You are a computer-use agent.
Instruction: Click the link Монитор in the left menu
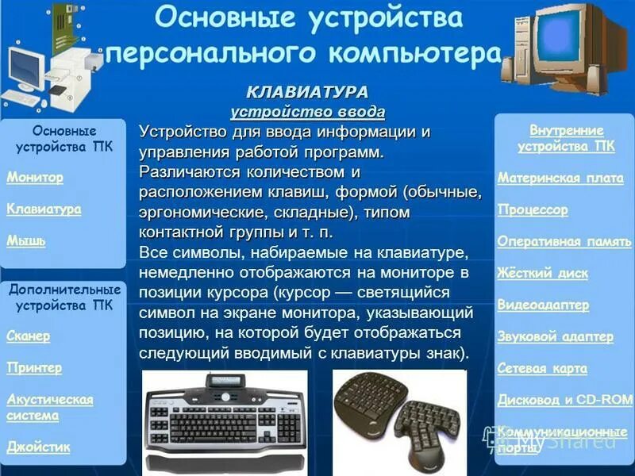coord(35,178)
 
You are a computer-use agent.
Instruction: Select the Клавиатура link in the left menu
coord(44,209)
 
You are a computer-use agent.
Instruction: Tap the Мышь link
coord(25,240)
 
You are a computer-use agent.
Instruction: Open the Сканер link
coord(29,336)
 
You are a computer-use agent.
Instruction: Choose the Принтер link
coord(34,368)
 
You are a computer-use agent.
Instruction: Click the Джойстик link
coord(38,447)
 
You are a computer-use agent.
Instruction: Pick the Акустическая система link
coord(49,407)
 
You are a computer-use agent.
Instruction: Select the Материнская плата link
coord(560,178)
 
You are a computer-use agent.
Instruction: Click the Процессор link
coord(533,210)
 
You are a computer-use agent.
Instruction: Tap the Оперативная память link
coord(563,242)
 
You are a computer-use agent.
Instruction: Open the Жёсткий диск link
coord(543,274)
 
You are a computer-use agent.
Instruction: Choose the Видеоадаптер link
coord(543,305)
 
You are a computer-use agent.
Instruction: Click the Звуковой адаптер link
coord(556,336)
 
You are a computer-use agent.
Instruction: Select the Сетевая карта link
coord(542,368)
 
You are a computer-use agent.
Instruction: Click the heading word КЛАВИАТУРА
coord(307,92)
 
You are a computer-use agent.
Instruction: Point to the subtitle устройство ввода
coord(307,111)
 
